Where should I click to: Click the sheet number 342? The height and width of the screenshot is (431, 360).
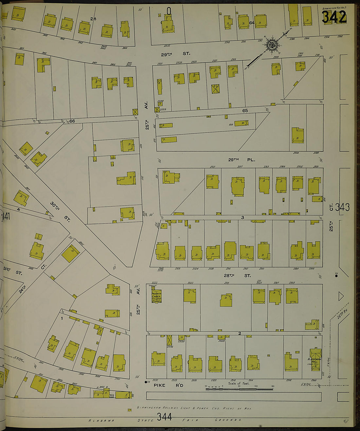click(334, 17)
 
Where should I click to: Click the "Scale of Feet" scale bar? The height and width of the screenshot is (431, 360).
click(239, 388)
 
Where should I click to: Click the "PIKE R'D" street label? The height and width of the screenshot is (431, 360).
click(169, 385)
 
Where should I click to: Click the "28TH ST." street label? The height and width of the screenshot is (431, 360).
click(237, 276)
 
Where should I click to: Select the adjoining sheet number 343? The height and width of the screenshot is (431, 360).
click(342, 207)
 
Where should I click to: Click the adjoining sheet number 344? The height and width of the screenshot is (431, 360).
click(164, 417)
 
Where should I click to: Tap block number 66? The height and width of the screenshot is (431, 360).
click(72, 121)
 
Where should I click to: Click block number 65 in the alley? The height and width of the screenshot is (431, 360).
click(245, 111)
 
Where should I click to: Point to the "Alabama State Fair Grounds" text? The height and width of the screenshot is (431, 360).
click(164, 420)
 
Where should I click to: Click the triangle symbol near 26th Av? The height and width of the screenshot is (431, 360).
click(341, 297)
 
